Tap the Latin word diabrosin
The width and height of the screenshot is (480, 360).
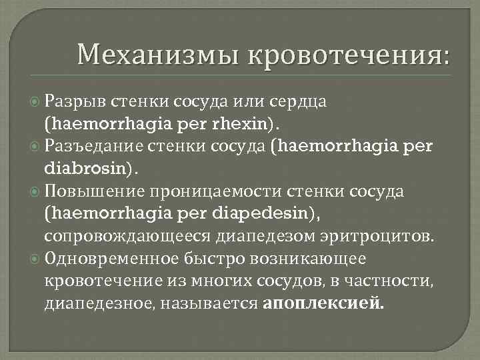(x=88, y=166)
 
